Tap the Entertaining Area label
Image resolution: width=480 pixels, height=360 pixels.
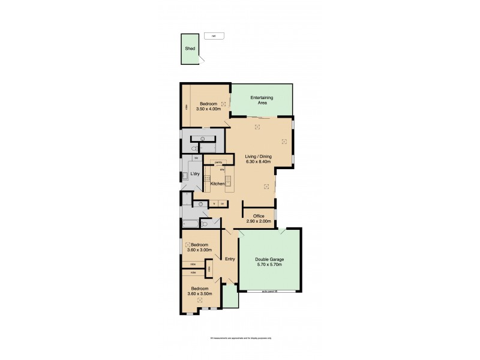[262, 100]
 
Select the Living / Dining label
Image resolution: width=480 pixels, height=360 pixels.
[259, 157]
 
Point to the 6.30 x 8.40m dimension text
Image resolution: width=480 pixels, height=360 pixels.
[259, 161]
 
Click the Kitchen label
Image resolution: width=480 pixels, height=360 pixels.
[218, 184]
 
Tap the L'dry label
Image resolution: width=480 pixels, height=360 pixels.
[195, 175]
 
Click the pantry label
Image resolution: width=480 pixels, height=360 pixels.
[219, 162]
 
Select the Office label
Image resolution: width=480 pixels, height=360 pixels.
[259, 216]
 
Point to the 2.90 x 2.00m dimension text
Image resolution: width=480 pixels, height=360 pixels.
[259, 221]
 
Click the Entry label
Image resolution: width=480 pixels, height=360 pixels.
[229, 259]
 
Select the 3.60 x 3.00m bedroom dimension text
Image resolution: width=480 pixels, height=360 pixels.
[198, 250]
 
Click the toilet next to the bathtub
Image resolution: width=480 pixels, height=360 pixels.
[205, 224]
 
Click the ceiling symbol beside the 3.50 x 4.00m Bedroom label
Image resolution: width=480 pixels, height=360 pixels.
[223, 104]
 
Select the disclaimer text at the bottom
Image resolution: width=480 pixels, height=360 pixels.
[240, 338]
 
